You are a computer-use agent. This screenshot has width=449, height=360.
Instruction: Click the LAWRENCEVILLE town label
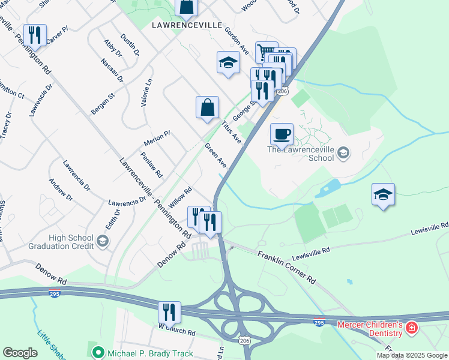[187, 25]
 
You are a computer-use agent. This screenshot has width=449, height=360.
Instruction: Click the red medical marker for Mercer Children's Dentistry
[412, 328]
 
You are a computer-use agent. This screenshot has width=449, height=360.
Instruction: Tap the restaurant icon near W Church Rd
[169, 311]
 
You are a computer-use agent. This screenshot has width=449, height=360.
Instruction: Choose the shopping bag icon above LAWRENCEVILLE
[187, 8]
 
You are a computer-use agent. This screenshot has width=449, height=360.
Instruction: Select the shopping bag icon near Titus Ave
[207, 107]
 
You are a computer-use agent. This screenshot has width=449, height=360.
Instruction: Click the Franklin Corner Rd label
[286, 268]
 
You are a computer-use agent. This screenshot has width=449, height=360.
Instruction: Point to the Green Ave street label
[215, 155]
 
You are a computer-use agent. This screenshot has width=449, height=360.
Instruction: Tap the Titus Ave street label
[231, 131]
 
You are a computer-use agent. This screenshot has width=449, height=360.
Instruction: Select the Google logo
[20, 353]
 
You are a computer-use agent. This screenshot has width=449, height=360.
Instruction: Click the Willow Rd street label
[180, 198]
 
